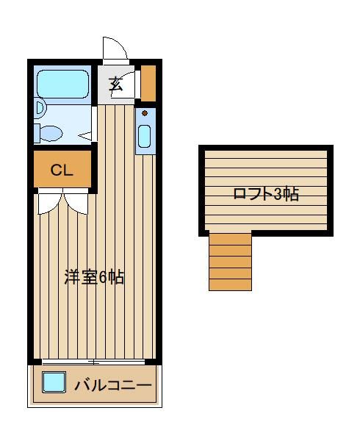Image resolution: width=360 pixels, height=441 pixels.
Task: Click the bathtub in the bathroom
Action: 63,84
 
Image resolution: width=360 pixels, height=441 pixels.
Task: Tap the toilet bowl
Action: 51,133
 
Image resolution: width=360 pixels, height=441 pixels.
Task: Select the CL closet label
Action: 62,170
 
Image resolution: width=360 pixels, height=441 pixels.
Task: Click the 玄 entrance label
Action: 116,84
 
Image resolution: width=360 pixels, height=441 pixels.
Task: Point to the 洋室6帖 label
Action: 94,277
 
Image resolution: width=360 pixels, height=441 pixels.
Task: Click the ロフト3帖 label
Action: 266,194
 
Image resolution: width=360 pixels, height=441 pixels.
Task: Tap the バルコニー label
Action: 113,385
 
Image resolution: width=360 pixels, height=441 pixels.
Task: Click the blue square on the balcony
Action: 54,382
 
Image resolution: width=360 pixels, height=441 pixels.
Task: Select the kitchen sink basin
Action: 145,137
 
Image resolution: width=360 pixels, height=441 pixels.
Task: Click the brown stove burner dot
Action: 145,113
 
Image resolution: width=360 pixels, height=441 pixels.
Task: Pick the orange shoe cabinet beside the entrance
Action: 148,83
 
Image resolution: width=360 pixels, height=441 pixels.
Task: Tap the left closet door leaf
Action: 50,201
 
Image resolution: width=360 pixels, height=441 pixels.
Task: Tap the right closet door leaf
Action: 76,201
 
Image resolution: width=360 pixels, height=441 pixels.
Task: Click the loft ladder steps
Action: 230,262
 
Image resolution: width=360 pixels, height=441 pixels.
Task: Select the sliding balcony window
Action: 93,362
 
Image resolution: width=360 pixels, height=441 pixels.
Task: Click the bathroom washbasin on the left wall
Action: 40,108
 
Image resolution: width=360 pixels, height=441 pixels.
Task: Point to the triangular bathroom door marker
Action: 85,136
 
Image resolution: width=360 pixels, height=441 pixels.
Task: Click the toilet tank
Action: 37,133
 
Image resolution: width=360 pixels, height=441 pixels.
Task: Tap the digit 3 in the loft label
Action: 278,194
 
